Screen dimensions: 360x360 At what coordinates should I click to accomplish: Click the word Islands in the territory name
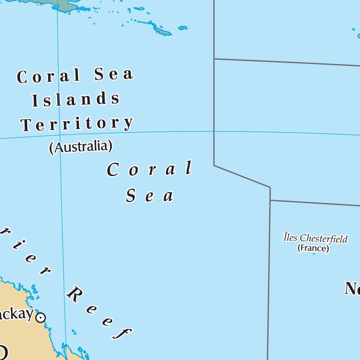76,100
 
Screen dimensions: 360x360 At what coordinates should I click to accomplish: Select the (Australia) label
81,147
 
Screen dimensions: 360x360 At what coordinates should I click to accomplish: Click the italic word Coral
150,169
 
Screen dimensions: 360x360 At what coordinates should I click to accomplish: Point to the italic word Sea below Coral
150,195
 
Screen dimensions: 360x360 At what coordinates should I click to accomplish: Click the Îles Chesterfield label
315,238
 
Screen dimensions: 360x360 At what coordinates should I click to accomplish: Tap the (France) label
313,248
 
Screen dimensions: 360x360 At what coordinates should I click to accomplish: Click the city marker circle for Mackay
41,318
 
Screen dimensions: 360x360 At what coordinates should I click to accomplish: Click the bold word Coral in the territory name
49,76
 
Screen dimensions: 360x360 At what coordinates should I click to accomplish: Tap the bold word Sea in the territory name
114,74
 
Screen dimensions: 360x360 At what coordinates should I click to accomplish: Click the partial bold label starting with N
352,288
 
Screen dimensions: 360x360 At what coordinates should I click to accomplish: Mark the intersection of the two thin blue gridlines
59,135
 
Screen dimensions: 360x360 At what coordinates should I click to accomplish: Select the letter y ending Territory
129,123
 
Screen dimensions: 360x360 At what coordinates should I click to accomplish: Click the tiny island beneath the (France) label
314,254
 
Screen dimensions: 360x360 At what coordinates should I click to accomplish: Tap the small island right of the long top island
183,27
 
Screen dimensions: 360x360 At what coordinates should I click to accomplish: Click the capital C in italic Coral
112,170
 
